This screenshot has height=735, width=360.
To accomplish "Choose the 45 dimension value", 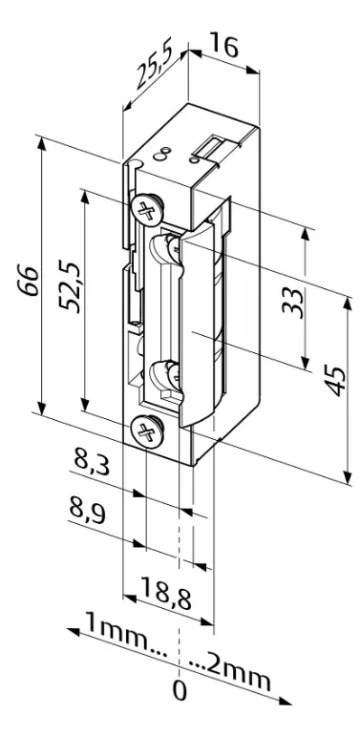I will click(x=333, y=382).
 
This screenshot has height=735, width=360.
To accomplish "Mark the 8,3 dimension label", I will click(x=93, y=466).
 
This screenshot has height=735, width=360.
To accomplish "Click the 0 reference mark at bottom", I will click(x=180, y=690).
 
